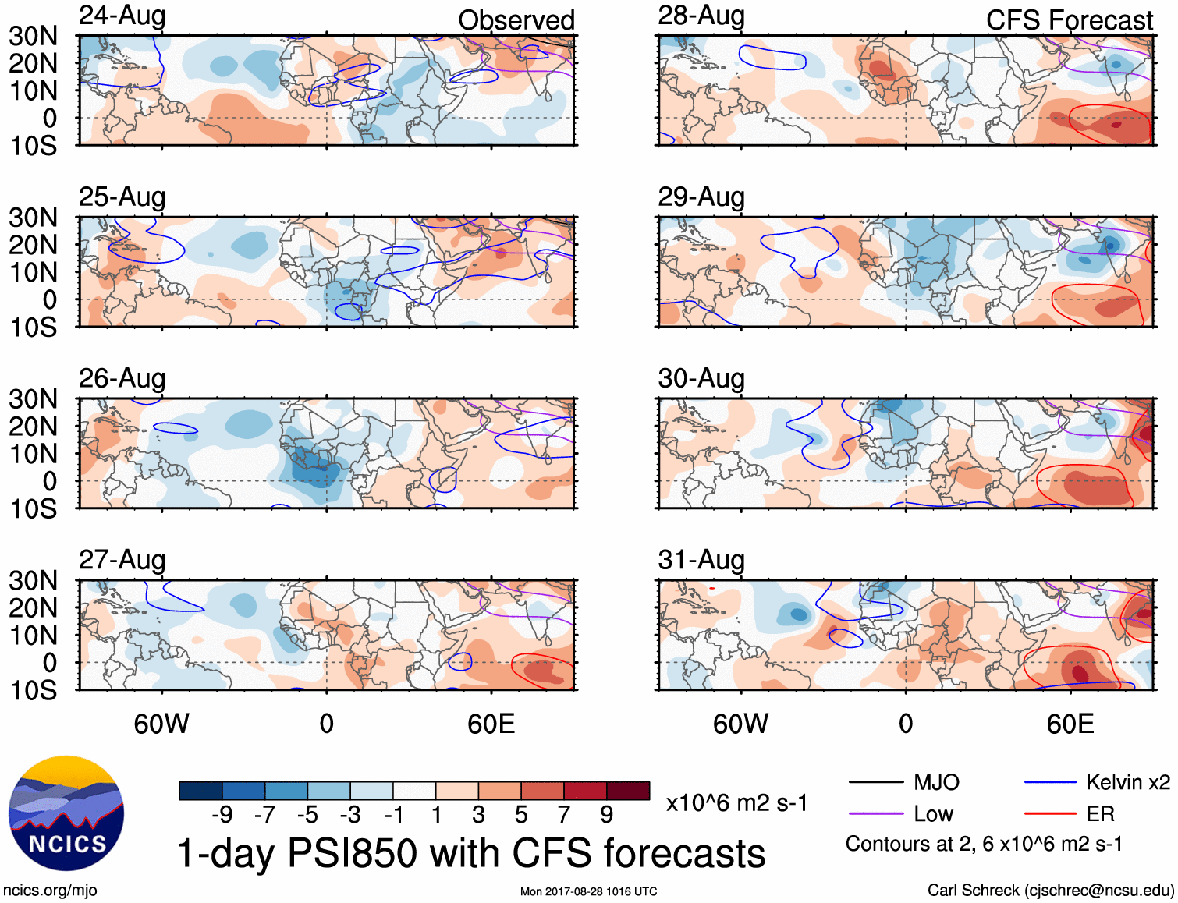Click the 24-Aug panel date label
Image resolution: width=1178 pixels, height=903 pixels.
click(122, 16)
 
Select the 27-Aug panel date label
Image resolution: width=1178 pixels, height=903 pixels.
click(122, 560)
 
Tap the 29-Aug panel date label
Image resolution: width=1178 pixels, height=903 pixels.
click(701, 197)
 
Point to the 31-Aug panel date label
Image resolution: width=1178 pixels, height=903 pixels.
click(701, 560)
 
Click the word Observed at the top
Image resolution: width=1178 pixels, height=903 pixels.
click(516, 20)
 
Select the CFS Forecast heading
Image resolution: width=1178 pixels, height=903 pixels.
click(1069, 20)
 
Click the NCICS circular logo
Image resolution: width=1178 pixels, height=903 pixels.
click(66, 813)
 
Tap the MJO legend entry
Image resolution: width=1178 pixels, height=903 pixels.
click(936, 782)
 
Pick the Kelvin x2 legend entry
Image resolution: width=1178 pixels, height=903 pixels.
click(1127, 782)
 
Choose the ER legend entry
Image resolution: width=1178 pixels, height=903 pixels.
click(1100, 814)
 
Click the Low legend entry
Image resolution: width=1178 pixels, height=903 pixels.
click(933, 814)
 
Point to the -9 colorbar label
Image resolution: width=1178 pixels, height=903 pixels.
click(222, 815)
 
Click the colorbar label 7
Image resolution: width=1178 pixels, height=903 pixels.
click(564, 815)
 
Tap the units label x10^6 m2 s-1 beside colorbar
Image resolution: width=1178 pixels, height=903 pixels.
click(736, 803)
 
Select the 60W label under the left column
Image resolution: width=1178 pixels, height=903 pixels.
click(161, 724)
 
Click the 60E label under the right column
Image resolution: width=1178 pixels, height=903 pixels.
click(1070, 724)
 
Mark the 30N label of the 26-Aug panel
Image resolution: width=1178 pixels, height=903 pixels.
click(33, 399)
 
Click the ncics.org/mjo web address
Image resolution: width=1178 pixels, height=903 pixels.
click(50, 891)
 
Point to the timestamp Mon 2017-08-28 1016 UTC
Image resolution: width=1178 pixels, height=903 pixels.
click(588, 891)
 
